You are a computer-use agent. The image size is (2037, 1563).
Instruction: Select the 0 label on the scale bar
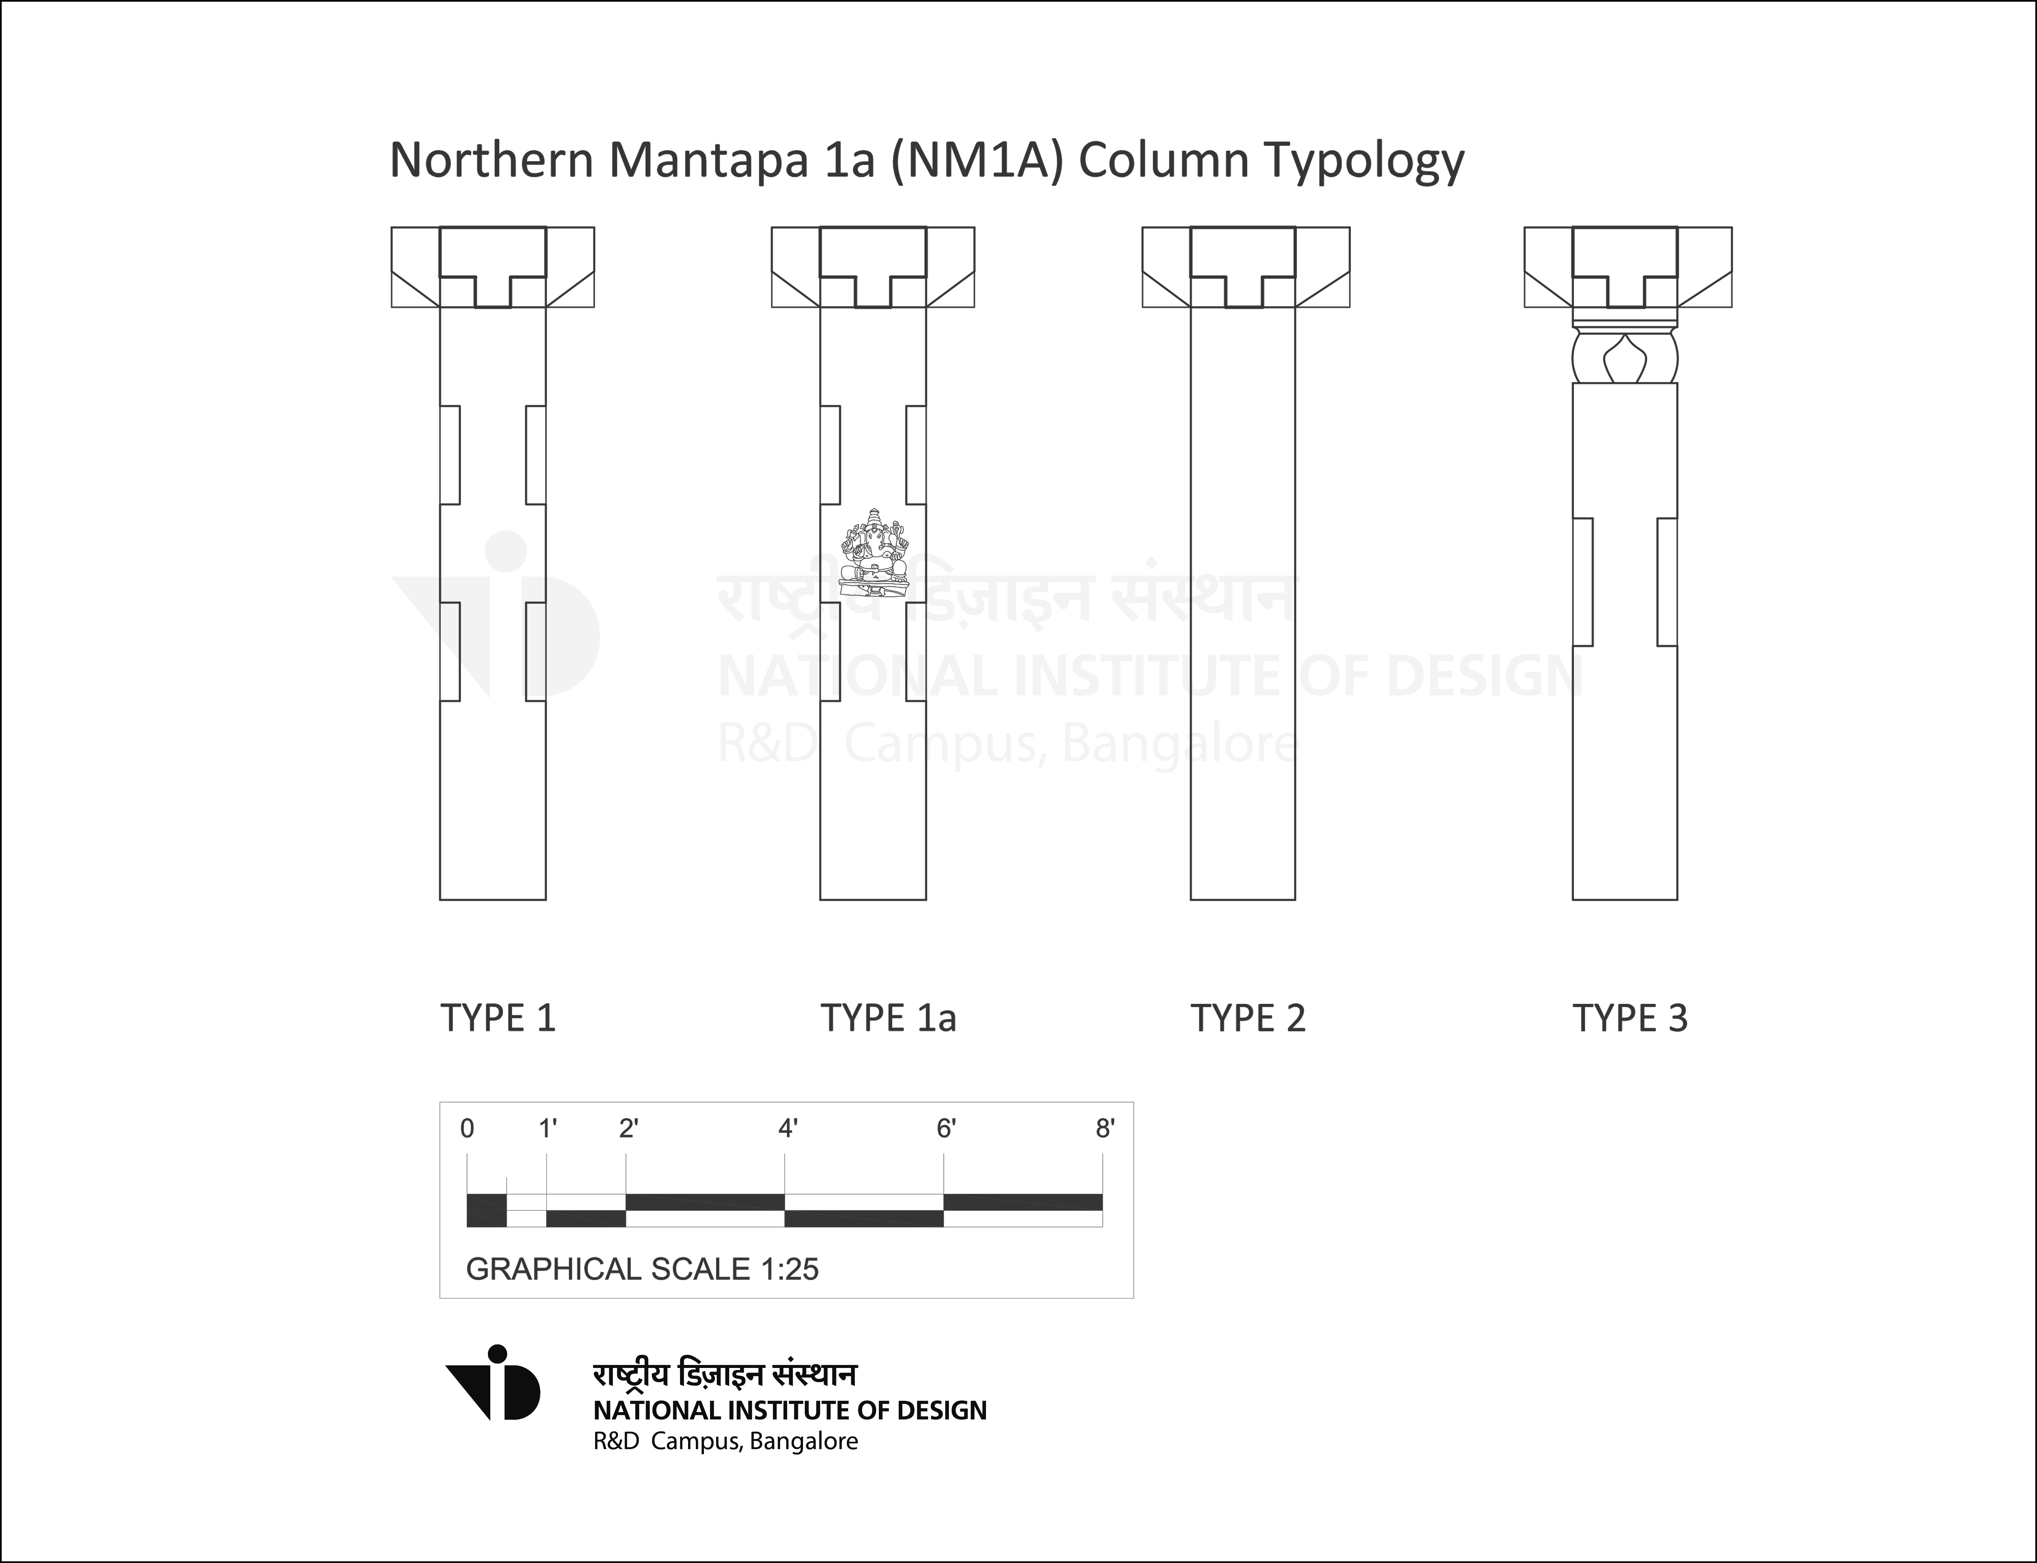click(x=467, y=1128)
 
